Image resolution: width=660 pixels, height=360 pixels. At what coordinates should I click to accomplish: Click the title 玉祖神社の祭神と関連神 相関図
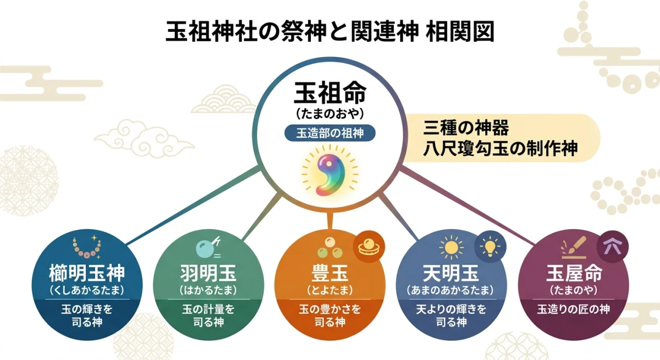click(330, 32)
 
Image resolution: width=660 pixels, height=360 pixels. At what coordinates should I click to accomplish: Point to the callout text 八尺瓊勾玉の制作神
click(500, 149)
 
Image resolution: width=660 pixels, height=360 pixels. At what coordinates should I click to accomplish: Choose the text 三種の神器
click(466, 127)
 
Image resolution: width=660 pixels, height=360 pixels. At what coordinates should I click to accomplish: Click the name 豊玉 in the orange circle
click(329, 273)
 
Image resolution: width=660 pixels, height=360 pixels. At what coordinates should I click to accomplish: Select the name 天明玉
click(450, 273)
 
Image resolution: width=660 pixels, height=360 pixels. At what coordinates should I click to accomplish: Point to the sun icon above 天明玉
click(451, 247)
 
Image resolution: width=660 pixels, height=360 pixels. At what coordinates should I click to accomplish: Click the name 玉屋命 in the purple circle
click(574, 273)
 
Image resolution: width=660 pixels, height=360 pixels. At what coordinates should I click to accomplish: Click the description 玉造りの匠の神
click(574, 309)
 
